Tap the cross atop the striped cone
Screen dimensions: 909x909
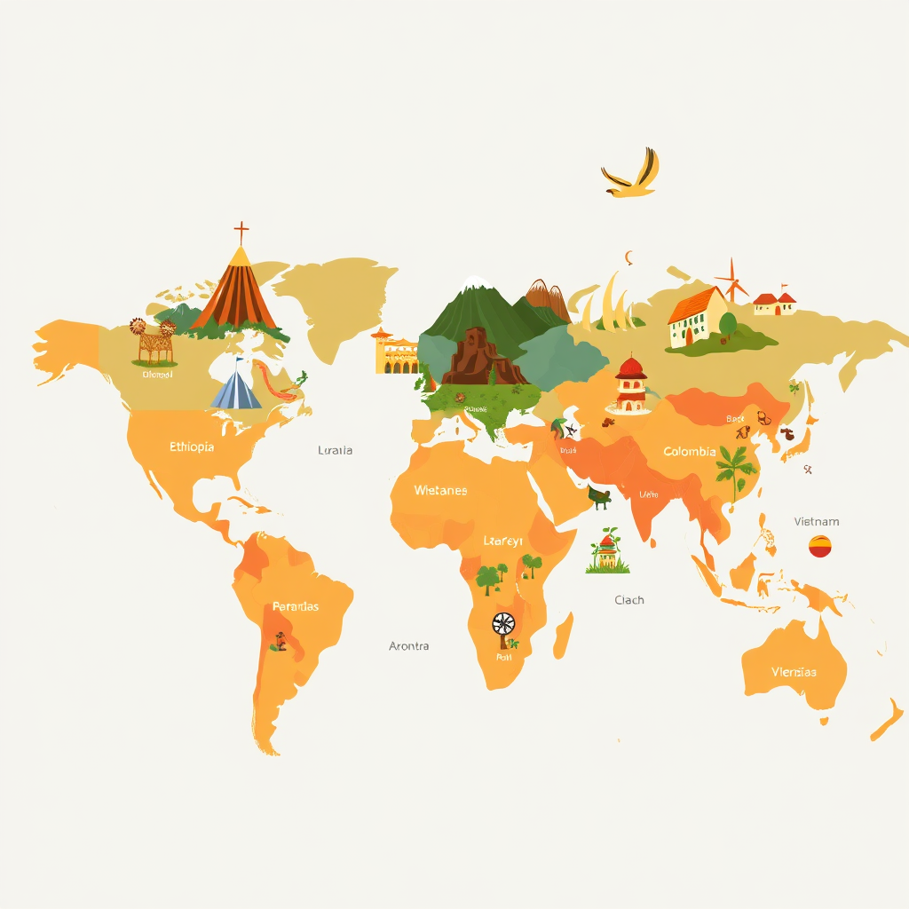click(241, 233)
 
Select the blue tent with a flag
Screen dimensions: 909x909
click(237, 387)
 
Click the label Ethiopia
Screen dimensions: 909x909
click(192, 447)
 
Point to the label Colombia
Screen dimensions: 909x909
click(690, 452)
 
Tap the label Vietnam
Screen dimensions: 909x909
click(817, 521)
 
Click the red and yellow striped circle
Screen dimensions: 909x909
click(820, 547)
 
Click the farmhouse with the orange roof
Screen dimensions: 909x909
click(697, 318)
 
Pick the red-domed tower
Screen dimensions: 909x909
click(630, 384)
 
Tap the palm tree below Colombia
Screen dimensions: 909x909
click(732, 470)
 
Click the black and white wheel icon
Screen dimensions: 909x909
click(503, 624)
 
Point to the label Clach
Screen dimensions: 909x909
click(629, 600)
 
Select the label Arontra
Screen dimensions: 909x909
click(409, 645)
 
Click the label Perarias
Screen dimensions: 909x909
click(296, 606)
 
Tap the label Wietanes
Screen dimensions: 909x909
click(440, 490)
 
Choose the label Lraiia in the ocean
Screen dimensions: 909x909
click(336, 450)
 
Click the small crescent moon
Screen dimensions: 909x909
click(629, 257)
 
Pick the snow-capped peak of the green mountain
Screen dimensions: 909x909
click(477, 282)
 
